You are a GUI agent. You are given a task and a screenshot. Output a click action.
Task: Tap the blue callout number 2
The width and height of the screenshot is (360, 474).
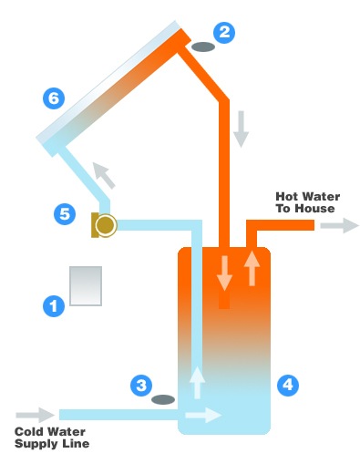coord(223,33)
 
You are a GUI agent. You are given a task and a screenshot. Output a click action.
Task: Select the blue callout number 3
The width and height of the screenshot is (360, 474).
coord(141,385)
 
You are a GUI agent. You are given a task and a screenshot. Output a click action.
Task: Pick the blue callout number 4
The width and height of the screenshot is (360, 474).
coord(287,385)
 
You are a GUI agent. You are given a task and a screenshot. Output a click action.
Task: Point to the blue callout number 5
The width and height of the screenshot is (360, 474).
coord(64,215)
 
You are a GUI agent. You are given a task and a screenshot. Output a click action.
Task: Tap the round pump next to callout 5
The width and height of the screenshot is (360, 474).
coord(106,225)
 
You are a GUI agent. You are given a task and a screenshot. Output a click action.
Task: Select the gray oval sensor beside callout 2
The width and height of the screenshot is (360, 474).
coord(202,45)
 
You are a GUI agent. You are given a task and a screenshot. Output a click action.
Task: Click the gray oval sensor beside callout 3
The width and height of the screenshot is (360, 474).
coord(164,399)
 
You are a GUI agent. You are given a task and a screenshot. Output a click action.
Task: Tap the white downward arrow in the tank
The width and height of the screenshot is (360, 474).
coord(223,272)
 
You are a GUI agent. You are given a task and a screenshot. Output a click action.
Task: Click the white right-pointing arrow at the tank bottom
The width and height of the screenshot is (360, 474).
coord(208,416)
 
